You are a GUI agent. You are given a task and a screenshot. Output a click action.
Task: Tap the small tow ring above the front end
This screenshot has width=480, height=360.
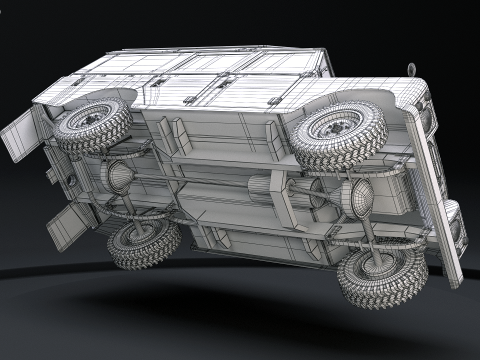click(x=411, y=69)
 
